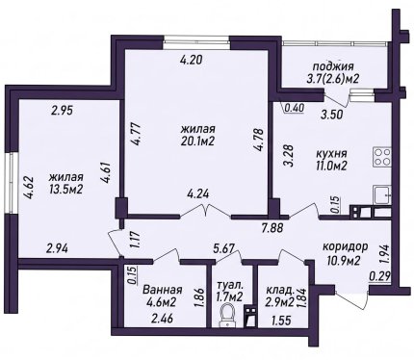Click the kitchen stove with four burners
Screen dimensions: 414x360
point(382,157)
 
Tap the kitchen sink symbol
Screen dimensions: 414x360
point(382,194)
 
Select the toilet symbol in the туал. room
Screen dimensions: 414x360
point(227,315)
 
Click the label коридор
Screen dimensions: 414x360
point(345,246)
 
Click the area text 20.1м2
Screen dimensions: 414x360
point(197,141)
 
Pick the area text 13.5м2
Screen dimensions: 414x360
point(66,189)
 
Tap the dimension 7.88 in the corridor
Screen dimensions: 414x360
point(272,228)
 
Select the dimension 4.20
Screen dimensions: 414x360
point(191,60)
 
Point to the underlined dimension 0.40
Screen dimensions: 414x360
point(293,108)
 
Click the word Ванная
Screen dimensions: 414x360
point(163,290)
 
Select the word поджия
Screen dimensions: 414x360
point(333,66)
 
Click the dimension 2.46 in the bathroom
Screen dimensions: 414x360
point(162,319)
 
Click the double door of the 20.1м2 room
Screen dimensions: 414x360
point(205,210)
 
